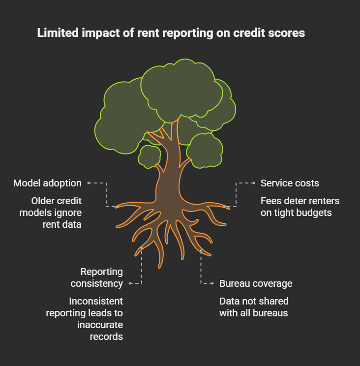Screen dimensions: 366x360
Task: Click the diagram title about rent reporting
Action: [171, 33]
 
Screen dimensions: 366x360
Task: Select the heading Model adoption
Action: [47, 183]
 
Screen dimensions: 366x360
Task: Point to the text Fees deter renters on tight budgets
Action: [300, 207]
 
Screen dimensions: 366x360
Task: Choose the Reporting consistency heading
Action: [97, 277]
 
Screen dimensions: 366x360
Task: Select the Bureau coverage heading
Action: [256, 283]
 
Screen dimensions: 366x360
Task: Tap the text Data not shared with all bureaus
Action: [254, 307]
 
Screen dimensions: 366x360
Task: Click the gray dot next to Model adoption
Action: [89, 183]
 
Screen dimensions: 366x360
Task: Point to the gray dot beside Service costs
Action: [253, 183]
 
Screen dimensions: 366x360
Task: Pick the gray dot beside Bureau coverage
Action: [212, 283]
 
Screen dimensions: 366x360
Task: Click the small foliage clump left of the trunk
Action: [149, 155]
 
